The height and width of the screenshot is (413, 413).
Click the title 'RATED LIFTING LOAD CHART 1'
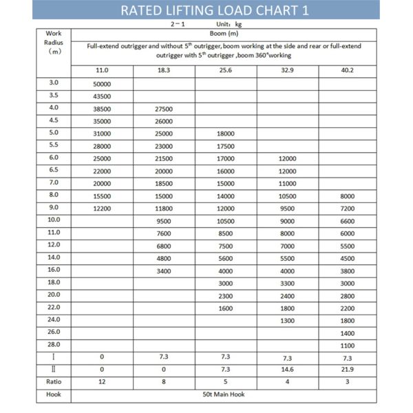pyautogui.click(x=206, y=10)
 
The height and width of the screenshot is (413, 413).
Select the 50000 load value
pyautogui.click(x=102, y=84)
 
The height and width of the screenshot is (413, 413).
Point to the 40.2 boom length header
pyautogui.click(x=348, y=70)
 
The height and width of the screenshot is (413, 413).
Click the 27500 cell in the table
pyautogui.click(x=164, y=109)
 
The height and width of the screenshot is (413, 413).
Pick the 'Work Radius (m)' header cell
pyautogui.click(x=53, y=42)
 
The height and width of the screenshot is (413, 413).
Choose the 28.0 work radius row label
pyautogui.click(x=53, y=344)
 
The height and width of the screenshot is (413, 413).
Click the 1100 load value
pyautogui.click(x=348, y=345)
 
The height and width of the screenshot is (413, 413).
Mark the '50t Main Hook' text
pyautogui.click(x=224, y=394)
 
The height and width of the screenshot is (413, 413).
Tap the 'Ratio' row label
pyautogui.click(x=53, y=381)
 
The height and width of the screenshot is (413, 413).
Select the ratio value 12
pyautogui.click(x=102, y=382)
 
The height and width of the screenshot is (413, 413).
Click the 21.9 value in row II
pyautogui.click(x=348, y=370)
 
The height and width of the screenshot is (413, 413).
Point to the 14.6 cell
pyautogui.click(x=287, y=370)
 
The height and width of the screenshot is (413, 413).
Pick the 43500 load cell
pyautogui.click(x=102, y=96)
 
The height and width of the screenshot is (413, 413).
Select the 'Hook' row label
pyautogui.click(x=53, y=394)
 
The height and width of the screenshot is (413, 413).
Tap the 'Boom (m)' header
pyautogui.click(x=224, y=32)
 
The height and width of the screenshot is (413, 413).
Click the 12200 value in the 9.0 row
pyautogui.click(x=102, y=208)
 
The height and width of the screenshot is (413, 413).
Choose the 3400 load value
pyautogui.click(x=164, y=271)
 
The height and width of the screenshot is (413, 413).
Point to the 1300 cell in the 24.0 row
pyautogui.click(x=287, y=320)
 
